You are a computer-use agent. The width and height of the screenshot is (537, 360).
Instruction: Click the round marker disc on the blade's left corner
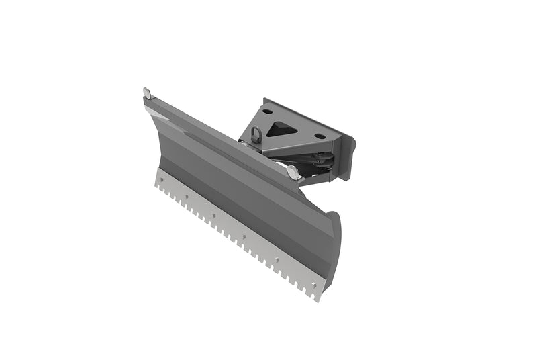147,91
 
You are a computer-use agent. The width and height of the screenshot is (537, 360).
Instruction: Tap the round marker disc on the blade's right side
293,173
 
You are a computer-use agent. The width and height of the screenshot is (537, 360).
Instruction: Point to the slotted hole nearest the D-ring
267,111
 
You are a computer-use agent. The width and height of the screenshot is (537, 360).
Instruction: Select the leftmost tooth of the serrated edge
158,187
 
